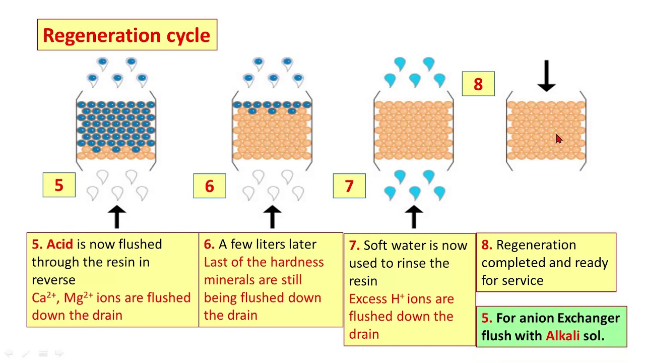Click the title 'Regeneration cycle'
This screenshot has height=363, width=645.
[126, 35]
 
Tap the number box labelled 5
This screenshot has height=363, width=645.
[59, 185]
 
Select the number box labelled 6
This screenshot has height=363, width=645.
[210, 186]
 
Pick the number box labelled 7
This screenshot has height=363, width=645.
[349, 186]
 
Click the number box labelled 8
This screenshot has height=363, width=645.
[478, 84]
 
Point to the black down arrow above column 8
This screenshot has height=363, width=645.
[546, 76]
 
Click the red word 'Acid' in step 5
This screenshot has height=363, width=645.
[60, 245]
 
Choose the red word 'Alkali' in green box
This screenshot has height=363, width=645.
[562, 336]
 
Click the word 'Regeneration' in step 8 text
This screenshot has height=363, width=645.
[536, 245]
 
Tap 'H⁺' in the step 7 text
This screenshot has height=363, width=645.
[398, 298]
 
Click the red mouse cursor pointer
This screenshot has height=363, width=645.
[558, 139]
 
